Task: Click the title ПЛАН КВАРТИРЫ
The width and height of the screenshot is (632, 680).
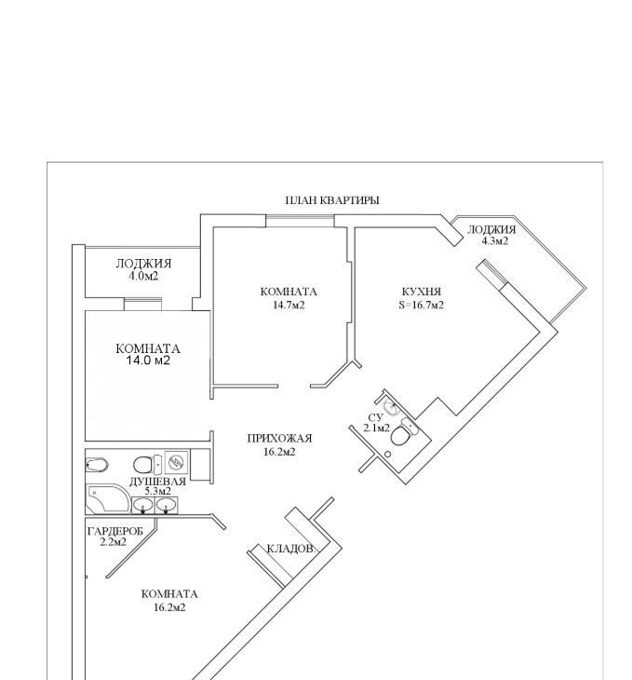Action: point(332,200)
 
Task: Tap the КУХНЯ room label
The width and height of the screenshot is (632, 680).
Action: point(422,292)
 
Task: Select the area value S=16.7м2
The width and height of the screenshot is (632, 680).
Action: point(422,305)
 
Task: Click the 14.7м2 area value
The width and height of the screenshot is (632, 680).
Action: point(289,305)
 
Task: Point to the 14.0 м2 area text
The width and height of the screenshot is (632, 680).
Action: point(148,360)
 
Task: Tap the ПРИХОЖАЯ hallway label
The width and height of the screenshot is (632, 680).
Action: point(279,439)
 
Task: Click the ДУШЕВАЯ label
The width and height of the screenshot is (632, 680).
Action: point(158,482)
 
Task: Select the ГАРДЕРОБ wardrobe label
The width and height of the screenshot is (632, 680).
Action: point(114,531)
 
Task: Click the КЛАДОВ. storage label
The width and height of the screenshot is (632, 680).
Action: point(290,549)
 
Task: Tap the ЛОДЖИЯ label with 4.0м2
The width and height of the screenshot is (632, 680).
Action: point(144,264)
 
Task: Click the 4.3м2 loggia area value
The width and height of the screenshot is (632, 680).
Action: point(495,241)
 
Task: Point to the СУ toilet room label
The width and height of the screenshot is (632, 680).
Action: point(375,417)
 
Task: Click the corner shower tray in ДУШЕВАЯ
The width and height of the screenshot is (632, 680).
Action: point(108,498)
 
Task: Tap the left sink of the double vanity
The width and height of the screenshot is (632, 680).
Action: point(142,505)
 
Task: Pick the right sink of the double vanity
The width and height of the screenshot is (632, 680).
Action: point(167,505)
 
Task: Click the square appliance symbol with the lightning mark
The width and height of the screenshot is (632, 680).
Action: point(177,462)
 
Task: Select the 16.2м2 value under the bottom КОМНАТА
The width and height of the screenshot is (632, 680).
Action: point(169,607)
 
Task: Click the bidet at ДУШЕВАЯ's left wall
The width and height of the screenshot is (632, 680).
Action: point(97,466)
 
